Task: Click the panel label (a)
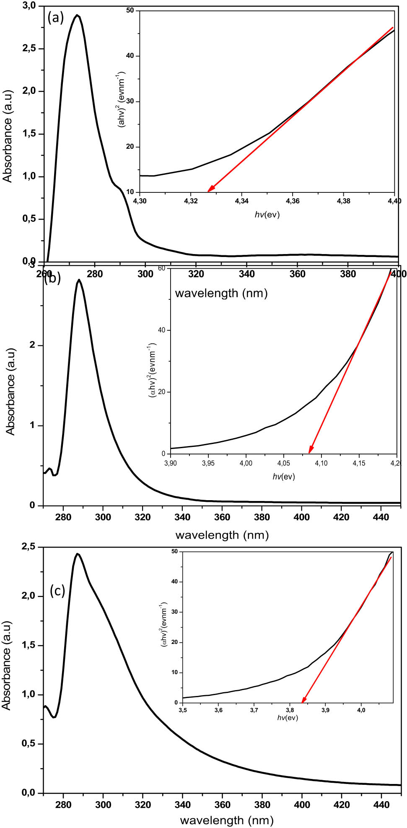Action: tap(56, 18)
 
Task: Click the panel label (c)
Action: tap(57, 590)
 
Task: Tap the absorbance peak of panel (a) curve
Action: tap(77, 16)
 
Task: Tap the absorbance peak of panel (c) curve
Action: tap(77, 554)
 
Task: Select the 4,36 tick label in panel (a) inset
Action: tap(293, 201)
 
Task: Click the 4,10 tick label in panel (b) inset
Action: tap(321, 463)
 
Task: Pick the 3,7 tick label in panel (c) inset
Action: tap(254, 710)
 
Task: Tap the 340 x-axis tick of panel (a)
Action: tap(247, 274)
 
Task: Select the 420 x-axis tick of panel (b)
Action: tap(341, 517)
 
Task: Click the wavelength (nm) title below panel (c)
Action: tap(227, 820)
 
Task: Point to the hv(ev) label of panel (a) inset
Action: tap(267, 215)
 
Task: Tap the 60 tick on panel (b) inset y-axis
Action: tap(161, 268)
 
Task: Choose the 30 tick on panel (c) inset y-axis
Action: tap(174, 612)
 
